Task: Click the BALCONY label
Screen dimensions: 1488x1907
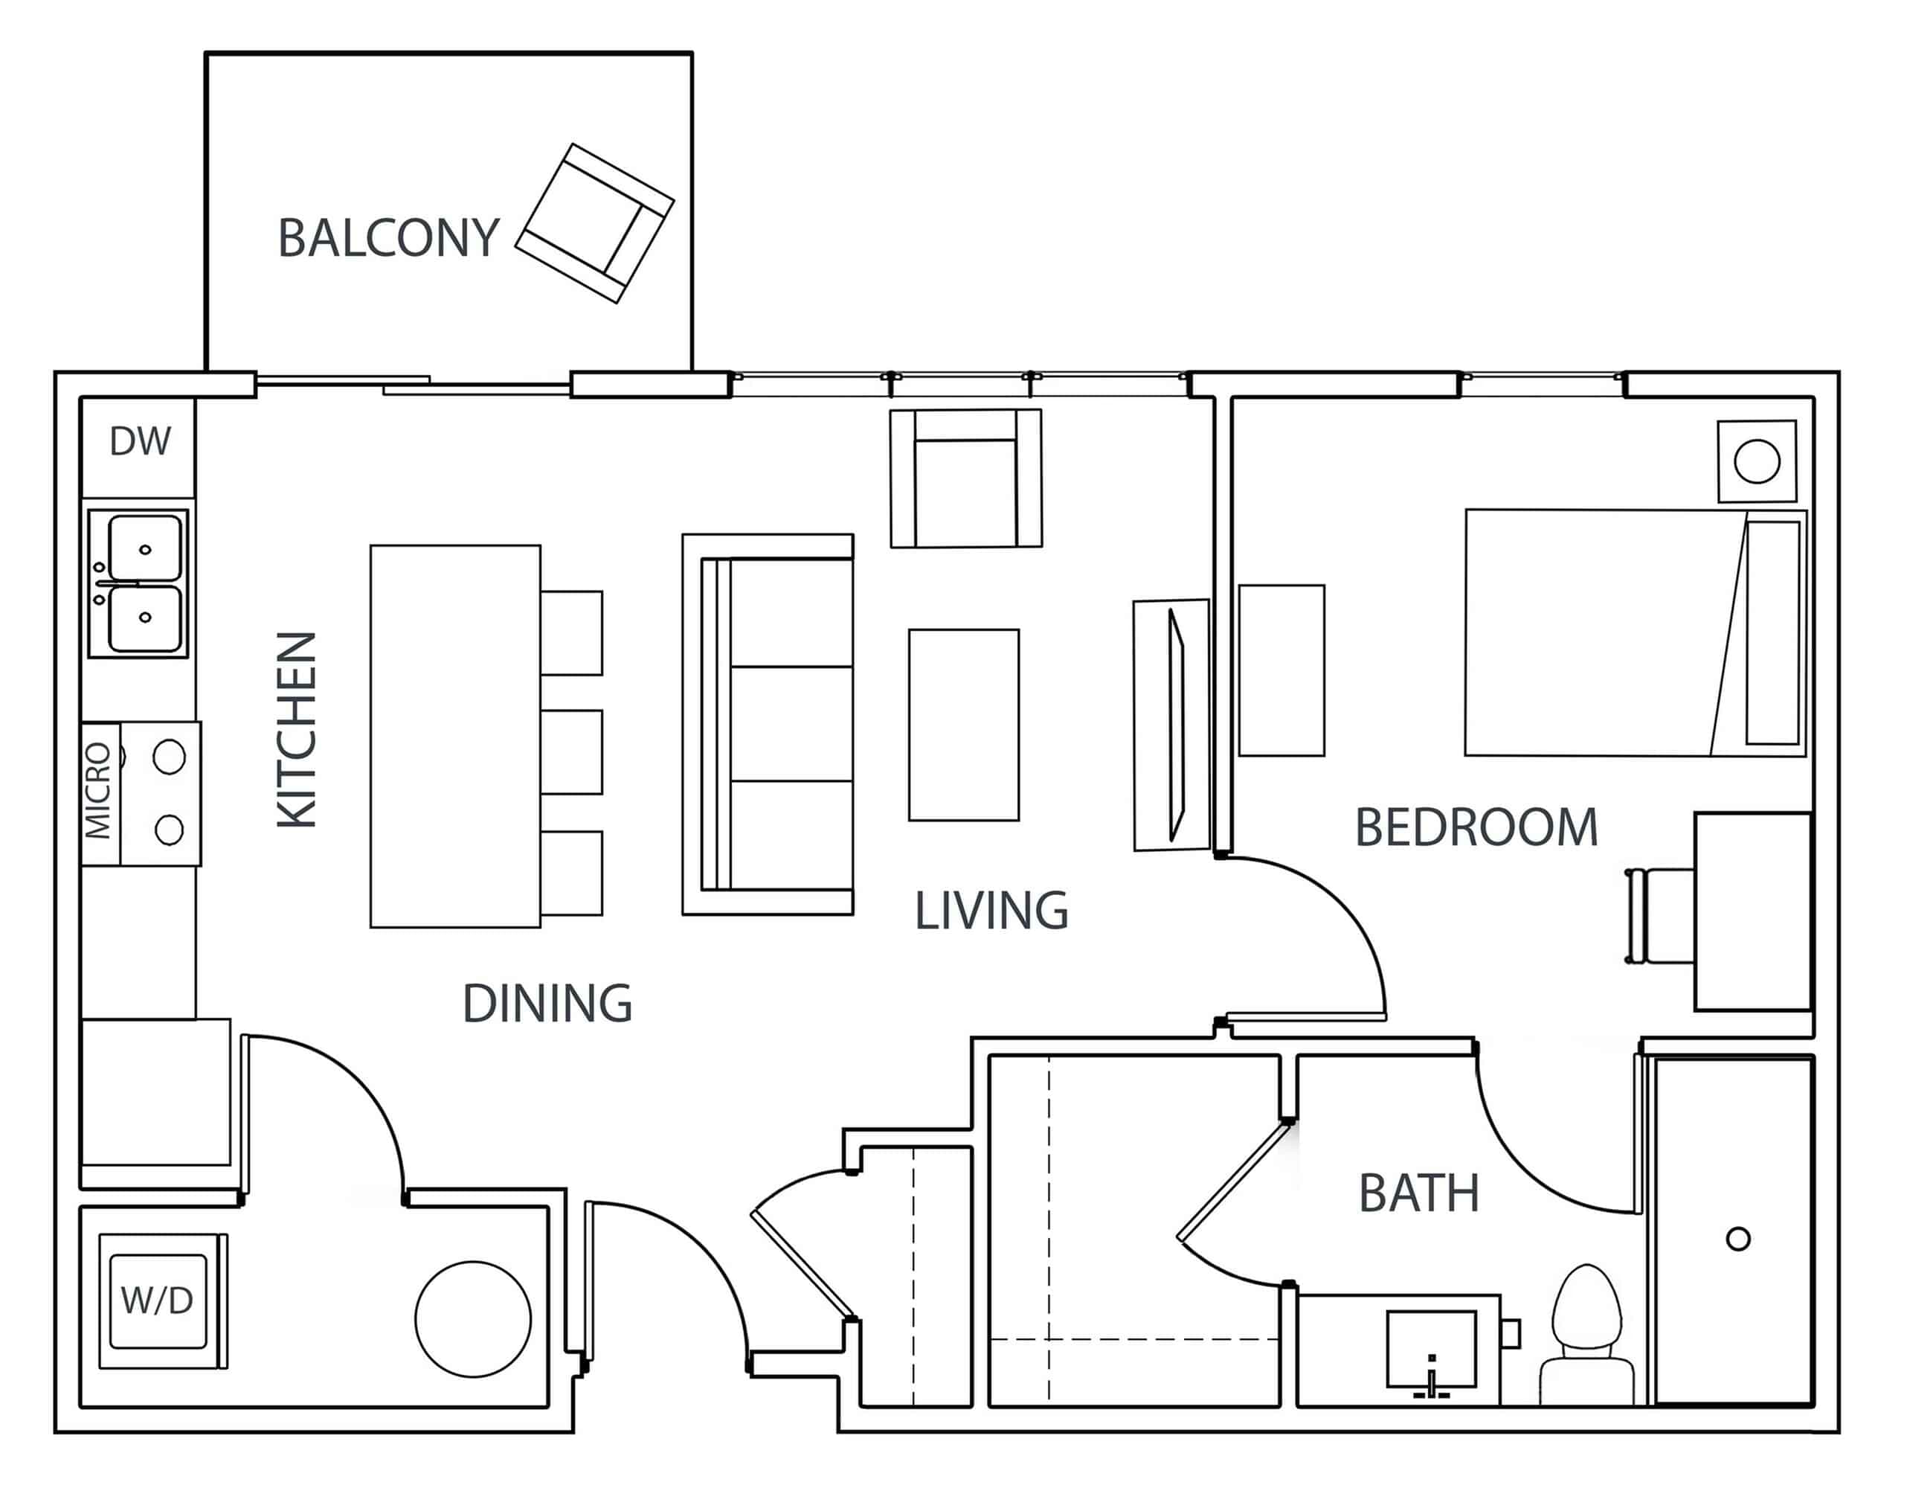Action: click(387, 237)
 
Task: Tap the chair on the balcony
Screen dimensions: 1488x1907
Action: click(594, 223)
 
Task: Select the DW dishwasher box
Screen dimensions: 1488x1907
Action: click(139, 442)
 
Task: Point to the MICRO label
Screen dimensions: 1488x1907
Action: click(97, 791)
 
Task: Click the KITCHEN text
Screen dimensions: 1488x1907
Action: click(297, 729)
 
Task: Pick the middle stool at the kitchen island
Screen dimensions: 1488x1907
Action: click(571, 752)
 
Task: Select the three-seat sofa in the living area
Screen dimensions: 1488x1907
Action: click(768, 724)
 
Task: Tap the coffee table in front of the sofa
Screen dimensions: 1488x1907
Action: click(963, 725)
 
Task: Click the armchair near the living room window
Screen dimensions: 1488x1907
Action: click(965, 478)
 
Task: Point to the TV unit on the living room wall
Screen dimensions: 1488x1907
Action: click(1171, 725)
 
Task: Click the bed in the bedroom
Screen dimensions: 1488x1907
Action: click(1633, 632)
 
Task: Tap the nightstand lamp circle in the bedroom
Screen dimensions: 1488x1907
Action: click(1757, 461)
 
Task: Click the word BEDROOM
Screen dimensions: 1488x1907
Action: click(1476, 828)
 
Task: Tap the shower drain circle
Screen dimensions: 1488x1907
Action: click(1737, 1238)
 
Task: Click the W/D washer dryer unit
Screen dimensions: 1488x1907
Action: click(158, 1301)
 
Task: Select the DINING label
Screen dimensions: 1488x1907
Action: click(547, 1004)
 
